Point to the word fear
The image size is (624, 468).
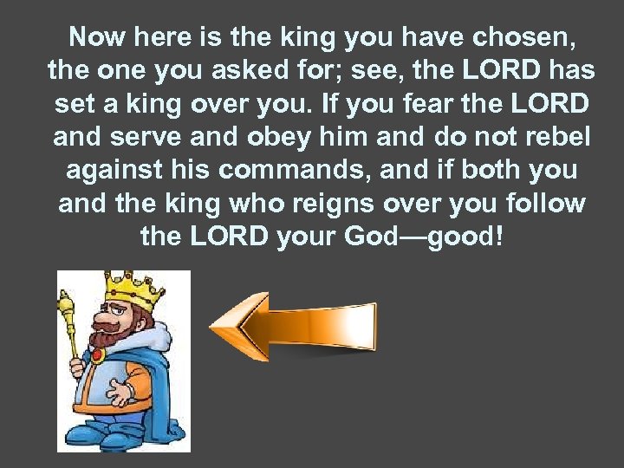click(427, 105)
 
